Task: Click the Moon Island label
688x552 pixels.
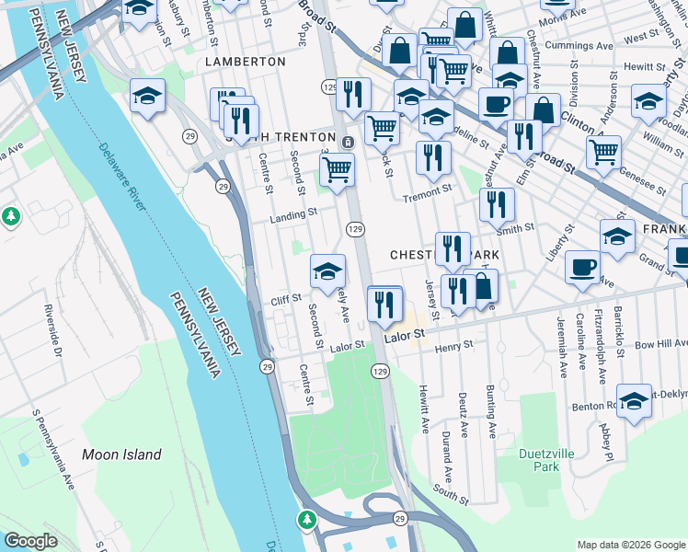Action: pos(121,454)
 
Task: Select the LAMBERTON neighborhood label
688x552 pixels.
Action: pos(246,61)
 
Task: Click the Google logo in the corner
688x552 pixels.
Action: pos(30,541)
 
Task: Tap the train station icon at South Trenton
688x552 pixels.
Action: pos(349,143)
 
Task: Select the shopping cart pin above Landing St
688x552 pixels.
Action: pos(338,170)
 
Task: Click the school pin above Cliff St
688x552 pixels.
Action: pos(327,271)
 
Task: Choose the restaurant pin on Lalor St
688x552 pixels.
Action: pos(384,304)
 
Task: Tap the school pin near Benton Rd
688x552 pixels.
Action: pos(634,400)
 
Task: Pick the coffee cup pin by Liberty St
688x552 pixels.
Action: pos(582,267)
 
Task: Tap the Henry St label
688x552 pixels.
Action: pos(453,345)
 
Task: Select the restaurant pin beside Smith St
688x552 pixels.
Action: pos(497,204)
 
